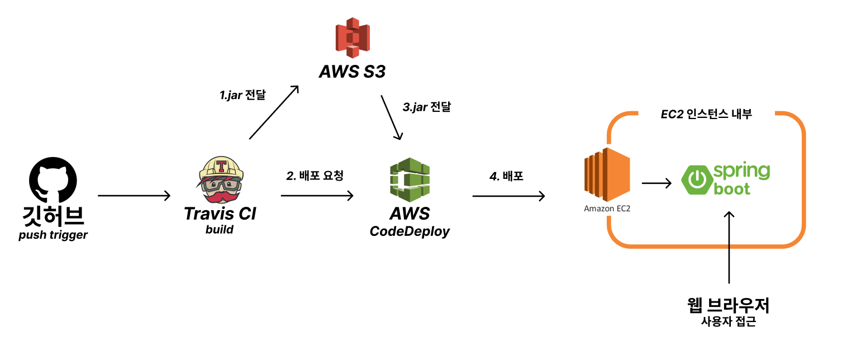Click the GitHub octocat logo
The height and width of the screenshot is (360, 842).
click(x=53, y=180)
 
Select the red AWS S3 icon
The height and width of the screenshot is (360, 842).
click(x=352, y=38)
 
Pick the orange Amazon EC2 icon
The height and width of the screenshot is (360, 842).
click(x=607, y=172)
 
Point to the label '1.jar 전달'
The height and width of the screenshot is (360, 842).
click(x=242, y=95)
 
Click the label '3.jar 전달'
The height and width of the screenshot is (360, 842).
click(x=426, y=107)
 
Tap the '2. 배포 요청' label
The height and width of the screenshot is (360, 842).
click(x=315, y=176)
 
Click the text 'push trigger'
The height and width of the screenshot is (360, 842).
click(x=53, y=235)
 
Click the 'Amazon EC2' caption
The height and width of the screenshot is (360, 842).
click(x=607, y=209)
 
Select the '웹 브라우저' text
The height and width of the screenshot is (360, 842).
click(x=729, y=305)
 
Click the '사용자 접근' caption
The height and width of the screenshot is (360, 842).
click(x=729, y=323)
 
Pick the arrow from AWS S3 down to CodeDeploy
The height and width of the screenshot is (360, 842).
click(x=392, y=117)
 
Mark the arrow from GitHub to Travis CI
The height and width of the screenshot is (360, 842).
click(x=134, y=196)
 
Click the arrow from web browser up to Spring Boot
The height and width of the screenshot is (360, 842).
click(x=729, y=249)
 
